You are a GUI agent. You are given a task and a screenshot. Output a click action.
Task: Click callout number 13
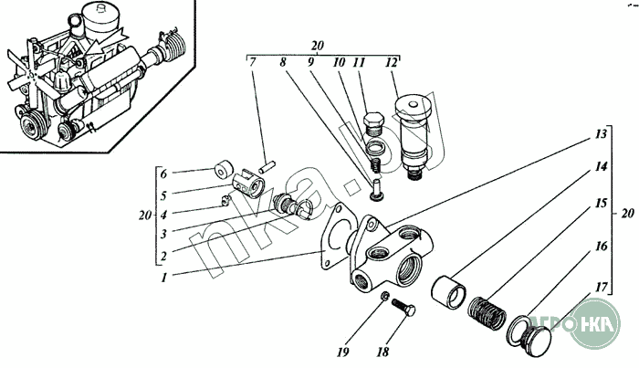tap(601, 133)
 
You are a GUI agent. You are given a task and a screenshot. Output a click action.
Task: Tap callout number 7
tap(253, 62)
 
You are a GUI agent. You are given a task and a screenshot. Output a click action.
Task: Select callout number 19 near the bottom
tap(342, 352)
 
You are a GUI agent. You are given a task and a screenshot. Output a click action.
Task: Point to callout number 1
tap(163, 278)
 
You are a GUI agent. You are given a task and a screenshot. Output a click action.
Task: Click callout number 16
tap(601, 247)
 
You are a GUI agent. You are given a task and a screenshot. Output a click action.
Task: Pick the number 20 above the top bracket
tap(317, 46)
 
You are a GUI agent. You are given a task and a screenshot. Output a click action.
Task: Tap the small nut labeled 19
tap(384, 296)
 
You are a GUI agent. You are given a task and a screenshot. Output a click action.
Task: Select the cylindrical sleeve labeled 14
tap(448, 292)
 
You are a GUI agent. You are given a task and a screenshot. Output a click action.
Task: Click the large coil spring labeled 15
tap(487, 312)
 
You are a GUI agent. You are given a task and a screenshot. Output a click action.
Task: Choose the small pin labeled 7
tap(267, 166)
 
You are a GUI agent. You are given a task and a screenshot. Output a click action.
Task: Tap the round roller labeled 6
tap(224, 169)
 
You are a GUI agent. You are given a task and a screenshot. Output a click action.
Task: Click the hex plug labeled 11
tap(373, 125)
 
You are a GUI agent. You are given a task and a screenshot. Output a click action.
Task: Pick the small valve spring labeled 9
tap(376, 164)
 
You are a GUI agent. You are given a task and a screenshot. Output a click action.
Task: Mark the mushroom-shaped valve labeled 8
tap(376, 191)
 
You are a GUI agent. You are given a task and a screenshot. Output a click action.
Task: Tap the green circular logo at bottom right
tap(594, 323)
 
